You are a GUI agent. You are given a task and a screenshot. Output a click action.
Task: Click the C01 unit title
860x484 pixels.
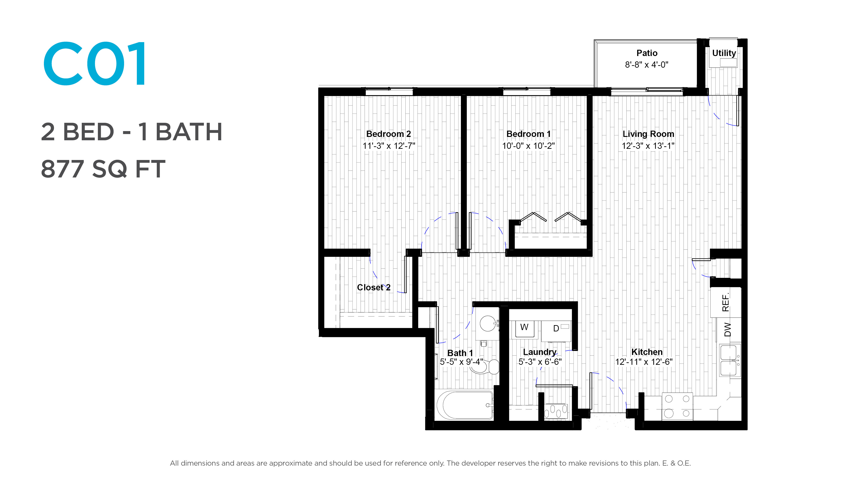click(x=95, y=63)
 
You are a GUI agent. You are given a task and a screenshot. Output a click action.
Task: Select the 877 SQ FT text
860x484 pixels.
click(x=103, y=169)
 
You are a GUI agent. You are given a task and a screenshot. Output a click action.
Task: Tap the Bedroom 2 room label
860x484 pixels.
click(x=389, y=134)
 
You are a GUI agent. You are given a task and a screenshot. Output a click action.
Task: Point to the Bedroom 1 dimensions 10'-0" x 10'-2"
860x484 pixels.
click(x=529, y=146)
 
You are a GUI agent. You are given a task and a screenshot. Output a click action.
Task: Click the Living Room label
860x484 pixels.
click(x=648, y=134)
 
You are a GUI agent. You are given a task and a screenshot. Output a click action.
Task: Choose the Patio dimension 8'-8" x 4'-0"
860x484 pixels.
click(x=647, y=65)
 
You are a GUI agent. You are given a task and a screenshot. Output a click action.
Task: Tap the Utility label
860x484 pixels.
click(x=724, y=53)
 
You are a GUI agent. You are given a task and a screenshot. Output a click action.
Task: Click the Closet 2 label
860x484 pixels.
click(x=374, y=287)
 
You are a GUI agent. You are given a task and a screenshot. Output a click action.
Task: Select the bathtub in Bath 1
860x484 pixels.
click(x=465, y=405)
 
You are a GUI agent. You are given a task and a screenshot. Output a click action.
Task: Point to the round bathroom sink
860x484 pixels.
click(x=488, y=323)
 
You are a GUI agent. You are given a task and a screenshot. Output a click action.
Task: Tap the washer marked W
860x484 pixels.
click(x=524, y=329)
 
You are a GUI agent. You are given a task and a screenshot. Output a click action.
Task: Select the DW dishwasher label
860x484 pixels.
click(x=727, y=330)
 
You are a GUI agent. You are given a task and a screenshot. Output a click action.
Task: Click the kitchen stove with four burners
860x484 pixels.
click(x=677, y=406)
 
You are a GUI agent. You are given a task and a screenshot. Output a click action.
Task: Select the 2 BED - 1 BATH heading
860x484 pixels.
click(x=131, y=132)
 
